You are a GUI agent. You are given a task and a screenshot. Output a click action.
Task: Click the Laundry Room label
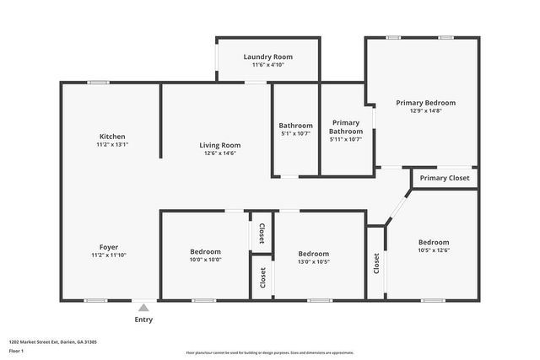click(267, 56)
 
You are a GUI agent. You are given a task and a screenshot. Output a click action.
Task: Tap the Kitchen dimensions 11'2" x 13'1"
click(112, 145)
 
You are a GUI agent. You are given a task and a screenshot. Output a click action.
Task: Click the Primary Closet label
click(445, 178)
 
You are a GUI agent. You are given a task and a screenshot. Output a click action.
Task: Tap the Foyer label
click(109, 247)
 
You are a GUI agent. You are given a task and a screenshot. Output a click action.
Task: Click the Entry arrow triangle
click(143, 308)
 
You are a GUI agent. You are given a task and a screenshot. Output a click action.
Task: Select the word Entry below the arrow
click(143, 320)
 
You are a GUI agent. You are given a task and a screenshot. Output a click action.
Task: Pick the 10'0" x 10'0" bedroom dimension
click(205, 261)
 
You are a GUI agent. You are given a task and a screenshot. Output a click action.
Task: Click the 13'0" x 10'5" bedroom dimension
click(313, 261)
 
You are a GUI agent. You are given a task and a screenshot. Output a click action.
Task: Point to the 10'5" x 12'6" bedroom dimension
click(434, 250)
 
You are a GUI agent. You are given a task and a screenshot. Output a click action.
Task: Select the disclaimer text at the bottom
click(269, 352)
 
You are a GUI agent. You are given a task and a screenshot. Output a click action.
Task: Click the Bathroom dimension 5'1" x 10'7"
click(296, 133)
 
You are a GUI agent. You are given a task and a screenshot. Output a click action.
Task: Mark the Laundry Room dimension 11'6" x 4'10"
click(267, 65)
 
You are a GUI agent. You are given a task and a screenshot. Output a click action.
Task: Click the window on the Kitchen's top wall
click(99, 83)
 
